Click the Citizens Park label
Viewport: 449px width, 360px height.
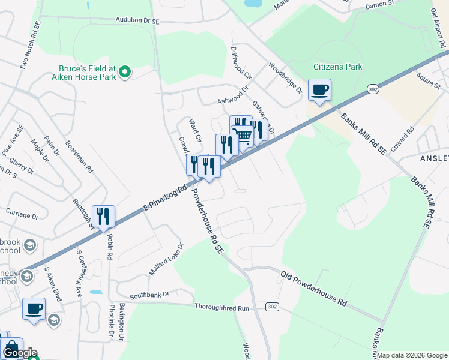338,67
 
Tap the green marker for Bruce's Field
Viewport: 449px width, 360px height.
125,73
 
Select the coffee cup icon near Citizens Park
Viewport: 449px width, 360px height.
319,91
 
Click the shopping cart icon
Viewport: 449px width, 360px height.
243,135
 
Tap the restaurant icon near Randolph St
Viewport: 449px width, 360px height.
103,217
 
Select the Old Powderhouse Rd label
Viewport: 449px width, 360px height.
313,289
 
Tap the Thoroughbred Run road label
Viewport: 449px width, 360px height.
221,307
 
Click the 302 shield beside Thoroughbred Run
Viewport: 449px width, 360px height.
272,307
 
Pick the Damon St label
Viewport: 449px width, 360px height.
380,4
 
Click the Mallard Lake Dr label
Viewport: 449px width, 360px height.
166,259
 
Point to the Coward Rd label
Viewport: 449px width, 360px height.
402,138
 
